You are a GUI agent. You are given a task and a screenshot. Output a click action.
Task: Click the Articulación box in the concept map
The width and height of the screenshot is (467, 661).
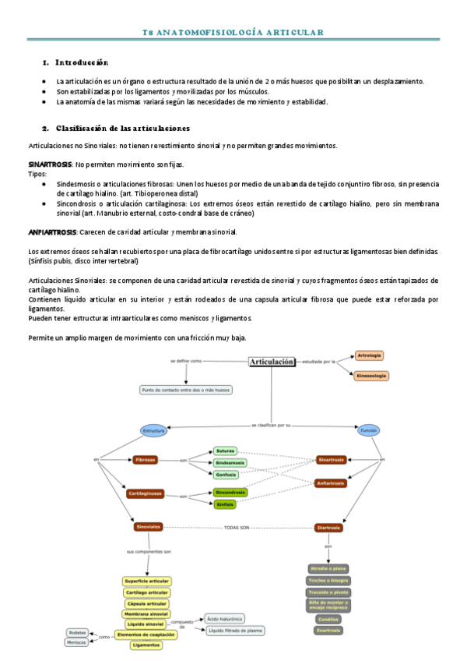pos(272,362)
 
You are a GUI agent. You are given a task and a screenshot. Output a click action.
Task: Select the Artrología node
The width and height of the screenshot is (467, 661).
pos(369,356)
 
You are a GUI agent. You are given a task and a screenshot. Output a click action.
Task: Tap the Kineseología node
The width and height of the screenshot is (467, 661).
pos(371,376)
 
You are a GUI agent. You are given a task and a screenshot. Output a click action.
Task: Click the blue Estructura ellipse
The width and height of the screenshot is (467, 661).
pos(153,430)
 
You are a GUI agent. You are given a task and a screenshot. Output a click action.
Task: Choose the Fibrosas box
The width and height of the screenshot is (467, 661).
pos(146,460)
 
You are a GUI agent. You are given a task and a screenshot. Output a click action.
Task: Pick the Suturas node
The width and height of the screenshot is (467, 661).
pos(225,451)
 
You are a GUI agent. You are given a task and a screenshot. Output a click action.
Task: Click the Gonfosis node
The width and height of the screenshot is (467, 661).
pos(225,473)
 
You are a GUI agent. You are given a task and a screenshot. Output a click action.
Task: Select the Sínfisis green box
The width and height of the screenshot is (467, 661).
pos(225,504)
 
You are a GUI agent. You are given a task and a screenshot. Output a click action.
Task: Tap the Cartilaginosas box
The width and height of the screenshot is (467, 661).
pos(146,493)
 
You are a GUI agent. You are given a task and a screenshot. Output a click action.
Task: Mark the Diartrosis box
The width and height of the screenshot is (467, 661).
pos(328,528)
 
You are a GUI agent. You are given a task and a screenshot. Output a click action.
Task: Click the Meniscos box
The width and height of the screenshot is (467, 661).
pos(76,642)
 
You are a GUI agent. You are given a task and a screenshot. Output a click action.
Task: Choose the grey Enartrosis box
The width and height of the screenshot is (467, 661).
pos(328,630)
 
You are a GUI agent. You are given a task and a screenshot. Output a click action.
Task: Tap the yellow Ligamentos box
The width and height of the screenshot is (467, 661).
pos(146,645)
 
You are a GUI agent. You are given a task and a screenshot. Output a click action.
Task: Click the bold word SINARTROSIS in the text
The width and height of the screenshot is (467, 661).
pos(50,164)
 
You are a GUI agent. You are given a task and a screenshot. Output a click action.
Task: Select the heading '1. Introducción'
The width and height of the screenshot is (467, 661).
pos(75,62)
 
